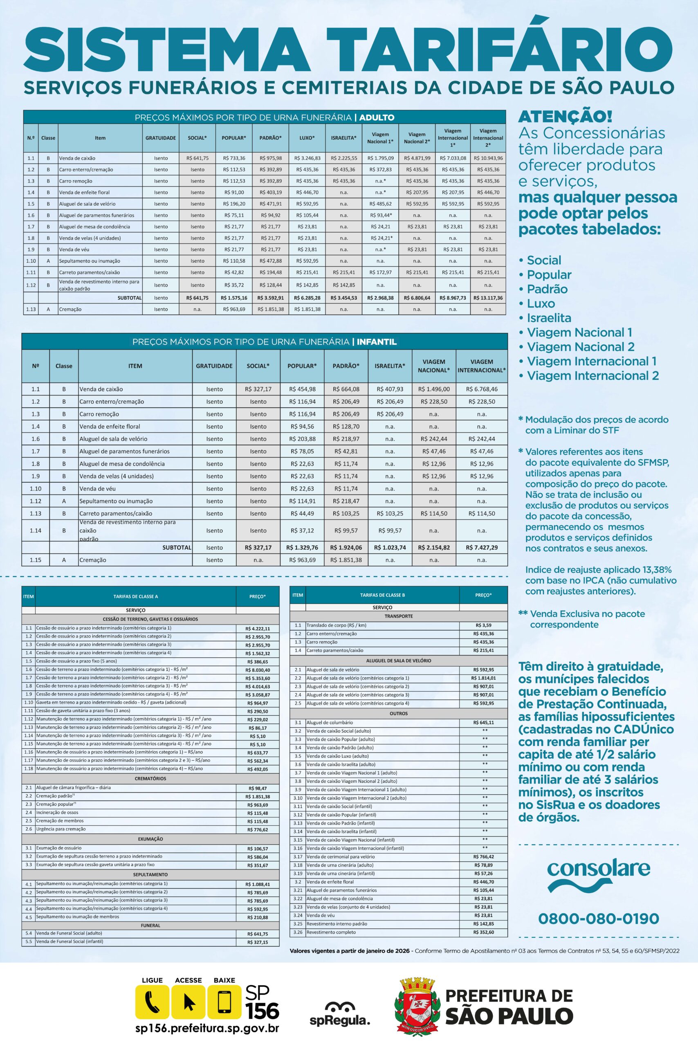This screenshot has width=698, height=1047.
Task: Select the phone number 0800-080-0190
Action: pos(598,918)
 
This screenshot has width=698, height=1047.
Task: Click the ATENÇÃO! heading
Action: pos(566,117)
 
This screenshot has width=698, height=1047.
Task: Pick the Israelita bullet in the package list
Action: pos(549,318)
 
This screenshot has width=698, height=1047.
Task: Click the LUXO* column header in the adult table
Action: pos(307,138)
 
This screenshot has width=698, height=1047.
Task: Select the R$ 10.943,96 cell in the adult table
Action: pos(488,158)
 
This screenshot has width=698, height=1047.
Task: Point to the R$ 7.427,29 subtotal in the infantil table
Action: pos(482,548)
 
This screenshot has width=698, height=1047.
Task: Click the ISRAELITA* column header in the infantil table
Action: pos(390,366)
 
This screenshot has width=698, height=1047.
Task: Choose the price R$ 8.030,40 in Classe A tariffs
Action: pos(258,670)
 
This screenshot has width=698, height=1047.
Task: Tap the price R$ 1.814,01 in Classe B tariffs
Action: pos(483,678)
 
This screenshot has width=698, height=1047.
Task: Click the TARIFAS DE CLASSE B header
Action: pos(382,595)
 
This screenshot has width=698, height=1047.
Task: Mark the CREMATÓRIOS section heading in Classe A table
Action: pos(150,779)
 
